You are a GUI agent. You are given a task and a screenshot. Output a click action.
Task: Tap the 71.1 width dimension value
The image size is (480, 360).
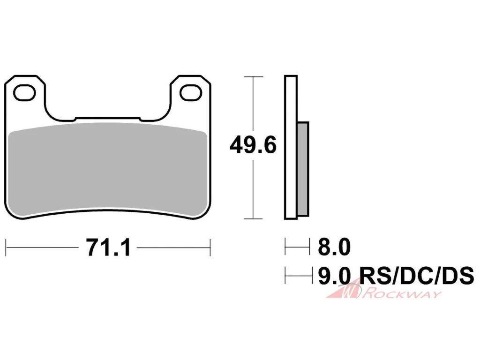[109, 247]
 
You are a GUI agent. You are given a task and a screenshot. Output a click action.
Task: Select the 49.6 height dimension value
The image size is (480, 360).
[253, 145]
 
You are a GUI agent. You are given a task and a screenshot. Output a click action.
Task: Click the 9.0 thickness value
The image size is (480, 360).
[334, 275]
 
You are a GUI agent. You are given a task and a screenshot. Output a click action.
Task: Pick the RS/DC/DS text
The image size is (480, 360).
[417, 275]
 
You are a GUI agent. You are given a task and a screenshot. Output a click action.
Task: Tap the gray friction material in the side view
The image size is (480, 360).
[303, 169]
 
